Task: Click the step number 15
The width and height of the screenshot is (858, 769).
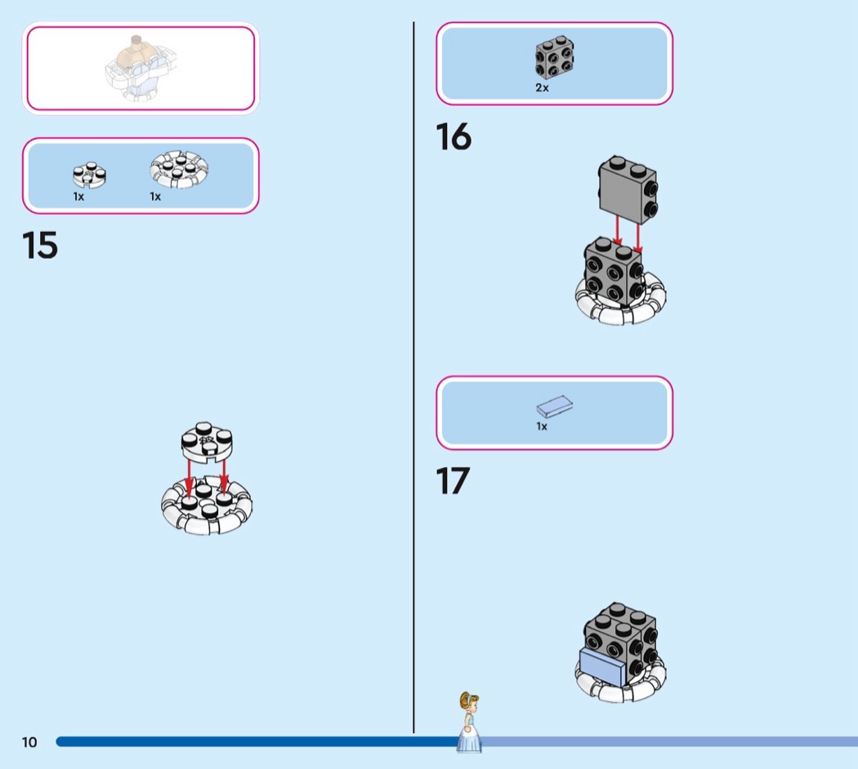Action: (x=40, y=245)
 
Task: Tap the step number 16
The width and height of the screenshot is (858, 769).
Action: (x=454, y=136)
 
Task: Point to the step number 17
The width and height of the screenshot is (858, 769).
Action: (x=453, y=481)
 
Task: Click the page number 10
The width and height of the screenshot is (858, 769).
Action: (x=29, y=742)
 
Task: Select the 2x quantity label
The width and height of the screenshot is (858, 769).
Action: (x=542, y=87)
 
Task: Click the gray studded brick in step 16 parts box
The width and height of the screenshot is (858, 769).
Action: (x=554, y=57)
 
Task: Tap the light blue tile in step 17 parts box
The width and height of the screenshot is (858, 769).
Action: (x=554, y=406)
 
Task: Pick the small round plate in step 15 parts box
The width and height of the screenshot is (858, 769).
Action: (x=89, y=175)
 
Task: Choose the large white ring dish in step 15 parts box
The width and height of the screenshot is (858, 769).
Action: (x=179, y=170)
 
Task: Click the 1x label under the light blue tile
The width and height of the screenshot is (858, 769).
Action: (x=542, y=426)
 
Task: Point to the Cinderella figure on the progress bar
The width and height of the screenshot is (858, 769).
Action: (x=469, y=722)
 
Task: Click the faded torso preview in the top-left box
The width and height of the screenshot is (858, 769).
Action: (x=141, y=69)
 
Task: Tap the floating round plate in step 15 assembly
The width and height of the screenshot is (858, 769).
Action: (x=207, y=442)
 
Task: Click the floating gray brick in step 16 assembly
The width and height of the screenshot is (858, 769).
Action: (x=628, y=189)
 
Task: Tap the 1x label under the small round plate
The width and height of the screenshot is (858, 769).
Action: (x=78, y=197)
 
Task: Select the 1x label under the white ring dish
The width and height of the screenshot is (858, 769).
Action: (x=155, y=197)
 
